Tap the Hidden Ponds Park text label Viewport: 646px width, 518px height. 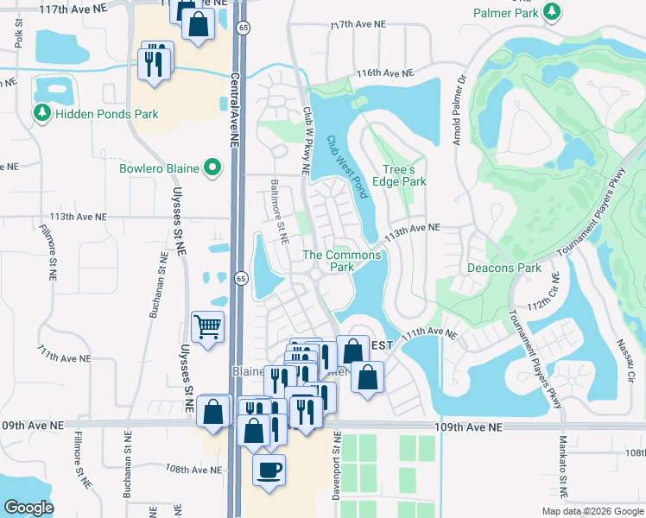(105, 114)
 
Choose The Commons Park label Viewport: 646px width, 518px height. (342, 261)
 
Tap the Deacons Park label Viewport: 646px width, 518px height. (504, 268)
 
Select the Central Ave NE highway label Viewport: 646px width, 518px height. (233, 112)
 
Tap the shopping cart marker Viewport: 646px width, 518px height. (208, 328)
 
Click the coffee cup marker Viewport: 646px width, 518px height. (269, 471)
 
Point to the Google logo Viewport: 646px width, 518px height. (28, 508)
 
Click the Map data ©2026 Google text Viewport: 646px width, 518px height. (592, 511)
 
